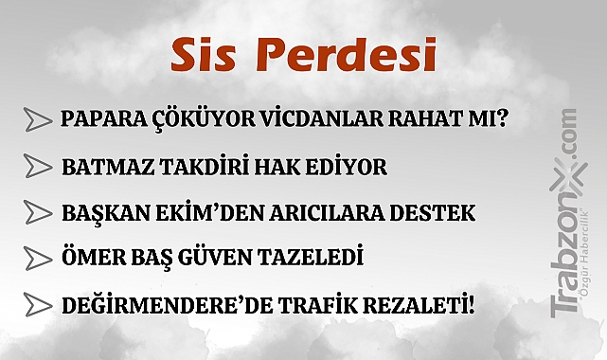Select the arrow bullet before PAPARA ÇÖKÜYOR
[37, 120]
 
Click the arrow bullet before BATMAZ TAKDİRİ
[37, 166]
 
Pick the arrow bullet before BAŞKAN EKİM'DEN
[37, 211]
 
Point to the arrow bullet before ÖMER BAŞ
[37, 257]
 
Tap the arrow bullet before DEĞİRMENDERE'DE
[37, 304]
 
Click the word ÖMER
[91, 257]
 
